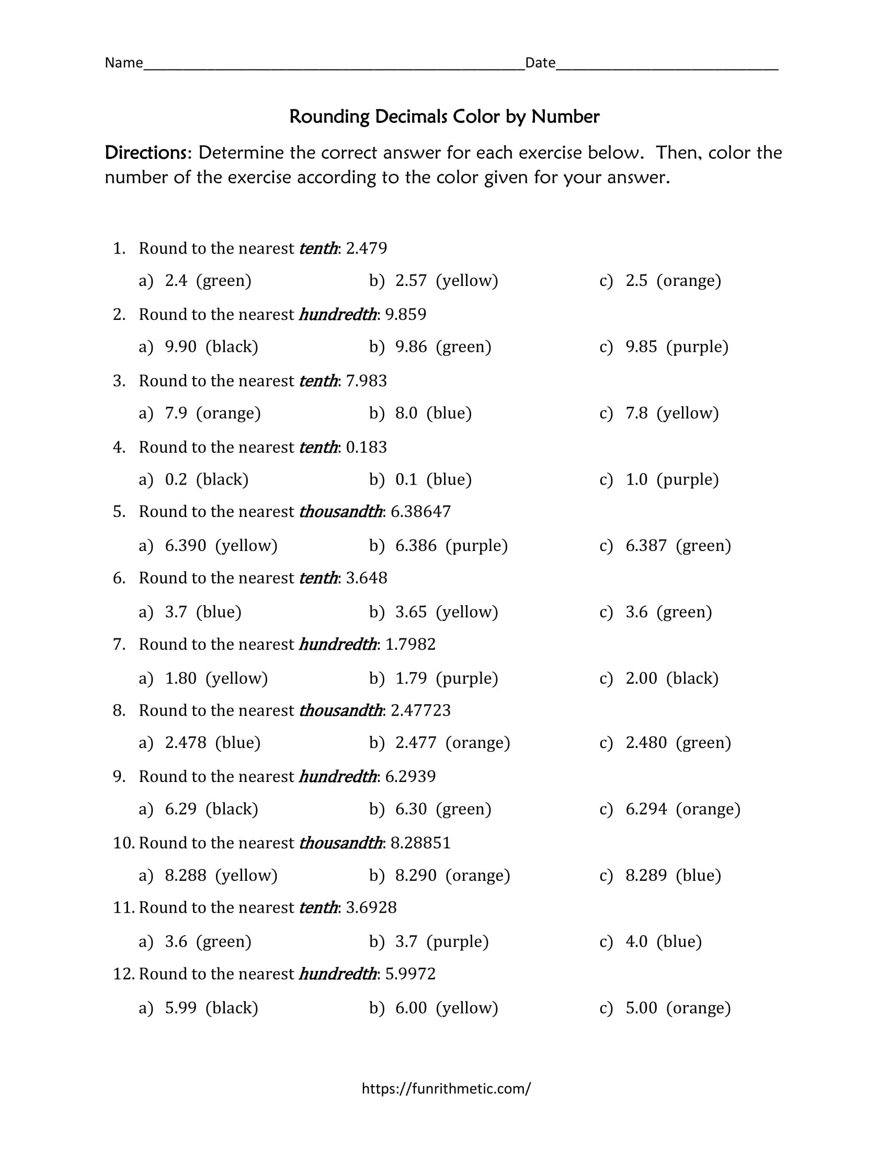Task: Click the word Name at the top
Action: point(124,63)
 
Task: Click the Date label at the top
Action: point(540,63)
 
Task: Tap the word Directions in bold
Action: point(147,153)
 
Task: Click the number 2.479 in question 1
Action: point(366,248)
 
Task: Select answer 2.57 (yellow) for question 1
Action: point(434,281)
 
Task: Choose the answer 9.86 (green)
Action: point(430,347)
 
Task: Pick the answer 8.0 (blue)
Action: point(420,413)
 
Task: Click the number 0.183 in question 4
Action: point(366,447)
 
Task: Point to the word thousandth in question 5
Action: point(340,512)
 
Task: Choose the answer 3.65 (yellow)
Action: point(434,613)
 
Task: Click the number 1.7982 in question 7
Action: point(411,645)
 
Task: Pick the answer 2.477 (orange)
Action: point(440,743)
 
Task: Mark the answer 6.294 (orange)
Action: point(670,809)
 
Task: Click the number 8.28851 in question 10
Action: point(420,843)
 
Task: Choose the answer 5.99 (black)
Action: point(199,1008)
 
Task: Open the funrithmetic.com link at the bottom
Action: point(446,1089)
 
